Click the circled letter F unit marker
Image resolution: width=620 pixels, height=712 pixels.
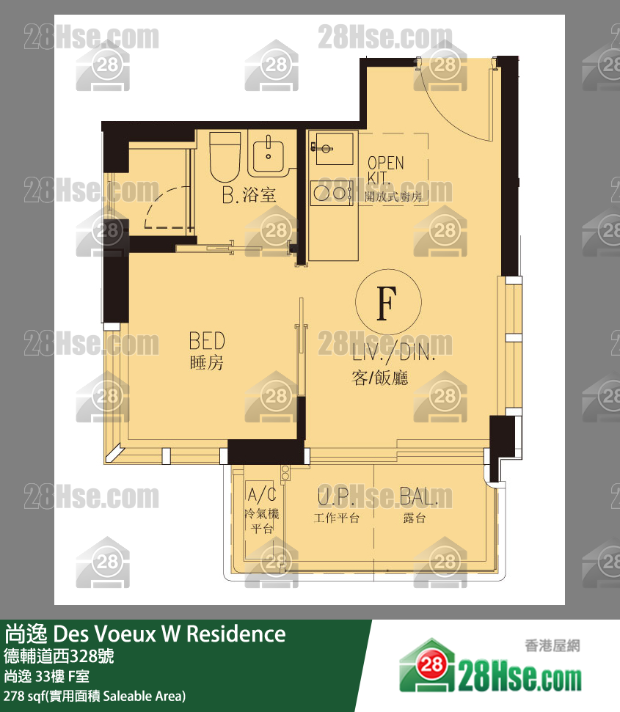point(388,302)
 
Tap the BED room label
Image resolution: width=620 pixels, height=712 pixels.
point(207,340)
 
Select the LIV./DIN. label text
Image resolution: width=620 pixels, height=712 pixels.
point(394,351)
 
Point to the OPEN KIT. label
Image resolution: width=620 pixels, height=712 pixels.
point(385,170)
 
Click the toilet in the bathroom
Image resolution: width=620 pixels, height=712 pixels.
point(225,157)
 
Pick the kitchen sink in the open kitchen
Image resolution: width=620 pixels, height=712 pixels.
point(332,148)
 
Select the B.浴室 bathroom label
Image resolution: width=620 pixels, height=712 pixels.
point(249,195)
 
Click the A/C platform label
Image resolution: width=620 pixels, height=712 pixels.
point(262,494)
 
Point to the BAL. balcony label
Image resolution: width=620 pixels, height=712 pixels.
point(418,496)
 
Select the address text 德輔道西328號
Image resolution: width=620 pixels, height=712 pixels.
point(59,656)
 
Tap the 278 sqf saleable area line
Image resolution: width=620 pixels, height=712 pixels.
point(95,696)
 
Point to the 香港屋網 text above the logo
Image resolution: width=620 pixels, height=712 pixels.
point(552,645)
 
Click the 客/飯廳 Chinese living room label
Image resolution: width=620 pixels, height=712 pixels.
point(380,378)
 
